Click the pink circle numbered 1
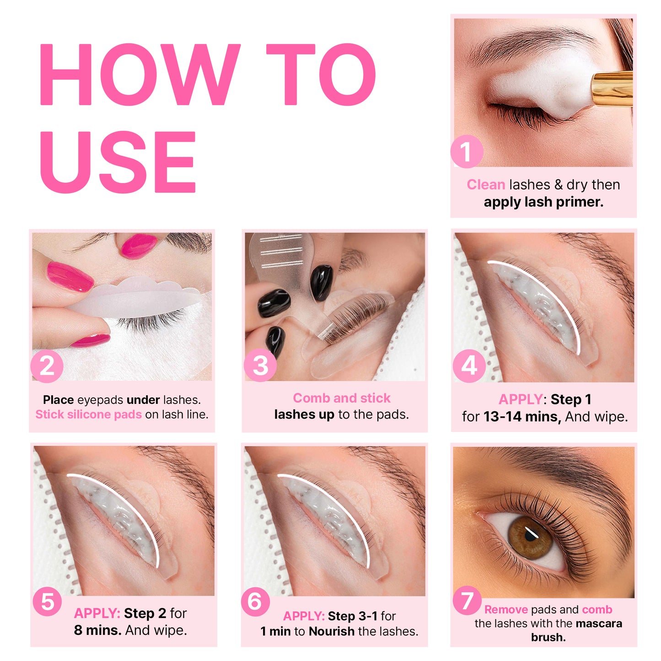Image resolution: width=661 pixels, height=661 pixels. [x=467, y=151]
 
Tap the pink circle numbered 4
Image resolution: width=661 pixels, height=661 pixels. [x=469, y=365]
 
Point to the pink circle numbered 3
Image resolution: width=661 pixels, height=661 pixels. [x=260, y=365]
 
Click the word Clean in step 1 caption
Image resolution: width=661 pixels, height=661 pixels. [x=485, y=185]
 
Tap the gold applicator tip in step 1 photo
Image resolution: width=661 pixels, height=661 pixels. [x=612, y=88]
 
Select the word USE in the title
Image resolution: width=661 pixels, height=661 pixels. [x=118, y=162]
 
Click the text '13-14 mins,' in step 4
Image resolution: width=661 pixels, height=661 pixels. [x=522, y=416]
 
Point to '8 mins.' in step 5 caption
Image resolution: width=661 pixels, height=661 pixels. [x=97, y=630]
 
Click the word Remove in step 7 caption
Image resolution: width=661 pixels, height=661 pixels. [x=506, y=609]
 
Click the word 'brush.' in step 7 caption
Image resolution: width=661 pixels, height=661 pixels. [x=548, y=637]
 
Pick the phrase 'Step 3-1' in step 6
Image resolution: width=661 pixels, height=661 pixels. [x=352, y=616]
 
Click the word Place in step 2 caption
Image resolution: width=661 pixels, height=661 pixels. [x=58, y=400]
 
